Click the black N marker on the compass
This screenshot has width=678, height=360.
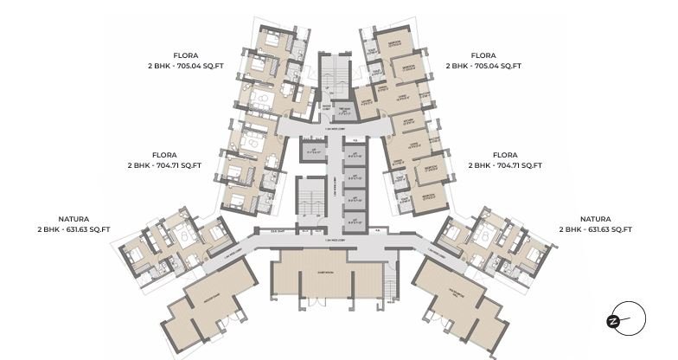[x=612, y=321]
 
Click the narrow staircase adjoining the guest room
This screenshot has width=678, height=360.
[x=390, y=281]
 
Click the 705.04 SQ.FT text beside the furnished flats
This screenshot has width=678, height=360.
[x=185, y=66]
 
